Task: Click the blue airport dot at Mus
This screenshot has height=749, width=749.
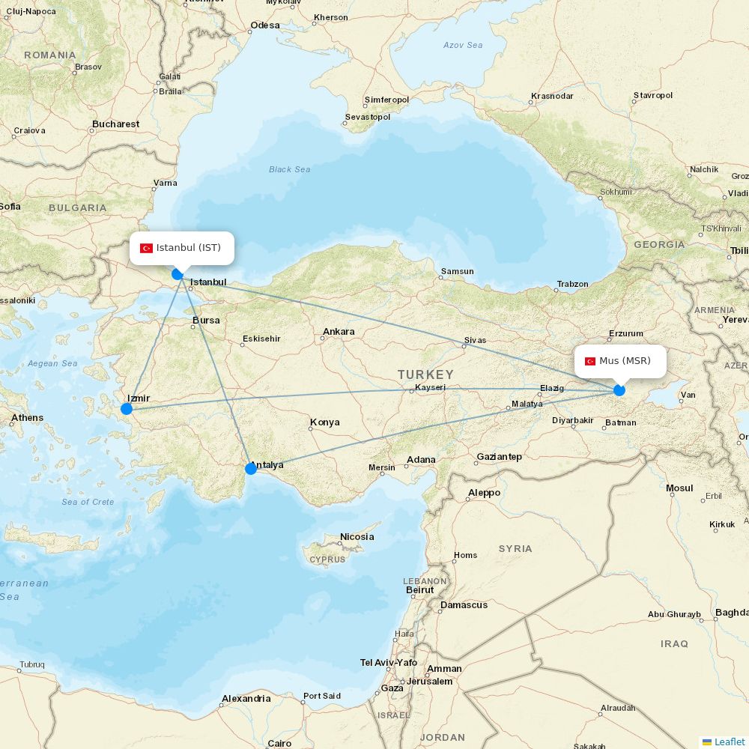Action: [x=619, y=390]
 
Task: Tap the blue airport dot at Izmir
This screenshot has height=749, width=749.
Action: [x=127, y=409]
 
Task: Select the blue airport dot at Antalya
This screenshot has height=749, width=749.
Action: [x=251, y=469]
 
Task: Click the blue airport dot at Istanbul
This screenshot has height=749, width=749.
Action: [x=178, y=274]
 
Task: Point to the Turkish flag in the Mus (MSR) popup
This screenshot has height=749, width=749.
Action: [x=590, y=361]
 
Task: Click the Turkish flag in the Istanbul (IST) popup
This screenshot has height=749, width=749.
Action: [x=147, y=248]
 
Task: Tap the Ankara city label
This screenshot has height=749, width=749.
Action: [x=339, y=332]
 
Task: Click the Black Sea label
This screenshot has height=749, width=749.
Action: [x=290, y=169]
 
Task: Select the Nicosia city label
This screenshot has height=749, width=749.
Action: [x=357, y=537]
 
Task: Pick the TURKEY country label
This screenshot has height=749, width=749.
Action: [x=425, y=374]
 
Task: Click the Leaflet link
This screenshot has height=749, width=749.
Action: [x=730, y=742]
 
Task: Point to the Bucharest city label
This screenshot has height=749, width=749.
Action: [x=116, y=124]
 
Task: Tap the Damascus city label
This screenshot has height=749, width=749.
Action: [x=464, y=605]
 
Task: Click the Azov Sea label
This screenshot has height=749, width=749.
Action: [x=463, y=45]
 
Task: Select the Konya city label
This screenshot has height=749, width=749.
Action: [x=324, y=422]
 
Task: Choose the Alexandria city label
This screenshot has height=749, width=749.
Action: [x=246, y=699]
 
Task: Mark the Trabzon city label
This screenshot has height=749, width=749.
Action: [x=573, y=285]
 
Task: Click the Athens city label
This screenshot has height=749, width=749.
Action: [x=27, y=418]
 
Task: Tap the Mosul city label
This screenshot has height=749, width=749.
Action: [x=679, y=488]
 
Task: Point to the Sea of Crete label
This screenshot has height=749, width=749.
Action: [x=88, y=502]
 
